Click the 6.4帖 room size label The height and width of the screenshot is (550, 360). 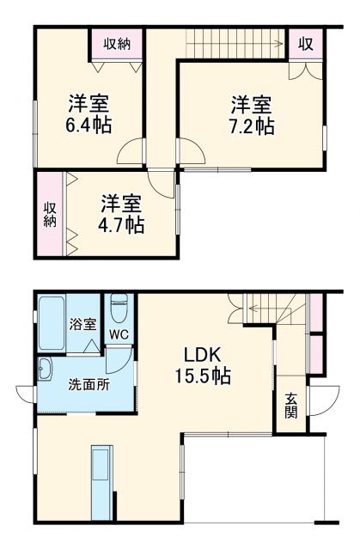pos(88,125)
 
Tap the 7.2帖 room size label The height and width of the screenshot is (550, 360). pos(252,126)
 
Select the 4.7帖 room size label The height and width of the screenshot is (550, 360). pos(122,225)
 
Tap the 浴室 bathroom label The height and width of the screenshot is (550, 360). pos(83,325)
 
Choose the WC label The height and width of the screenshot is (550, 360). pos(119,335)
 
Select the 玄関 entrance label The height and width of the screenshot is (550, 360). pos(291,404)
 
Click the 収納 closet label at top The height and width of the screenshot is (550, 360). pos(118,43)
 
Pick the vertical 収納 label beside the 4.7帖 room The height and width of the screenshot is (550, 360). pos(50,215)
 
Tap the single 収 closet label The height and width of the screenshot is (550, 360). pos(305,43)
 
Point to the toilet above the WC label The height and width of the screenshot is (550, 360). pos(119,306)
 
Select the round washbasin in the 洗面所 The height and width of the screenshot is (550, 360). pos(44,371)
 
